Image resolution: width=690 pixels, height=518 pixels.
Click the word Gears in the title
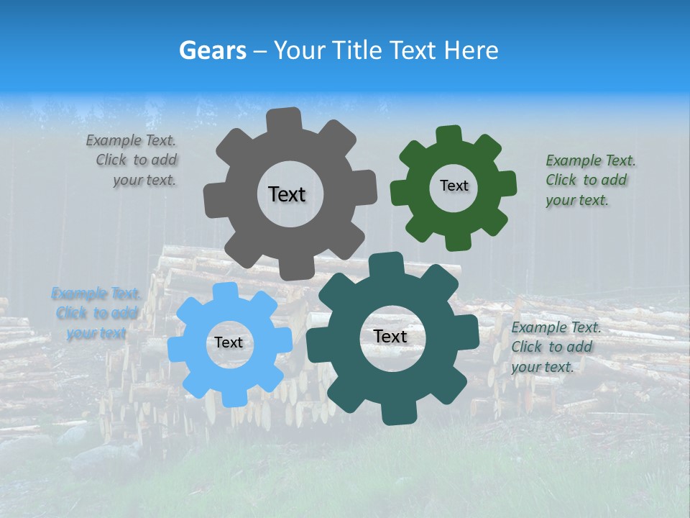point(213,50)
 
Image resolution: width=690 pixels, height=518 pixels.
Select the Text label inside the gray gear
point(287,194)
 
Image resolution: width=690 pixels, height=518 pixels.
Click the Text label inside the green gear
point(454,186)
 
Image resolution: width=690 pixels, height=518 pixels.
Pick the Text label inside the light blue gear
point(229,342)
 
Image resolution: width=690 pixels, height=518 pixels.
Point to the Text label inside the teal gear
point(390,336)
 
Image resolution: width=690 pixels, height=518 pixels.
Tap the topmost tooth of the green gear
point(448,136)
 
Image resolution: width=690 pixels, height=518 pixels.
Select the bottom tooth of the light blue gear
point(231,396)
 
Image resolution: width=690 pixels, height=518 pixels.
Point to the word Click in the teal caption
point(526,347)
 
